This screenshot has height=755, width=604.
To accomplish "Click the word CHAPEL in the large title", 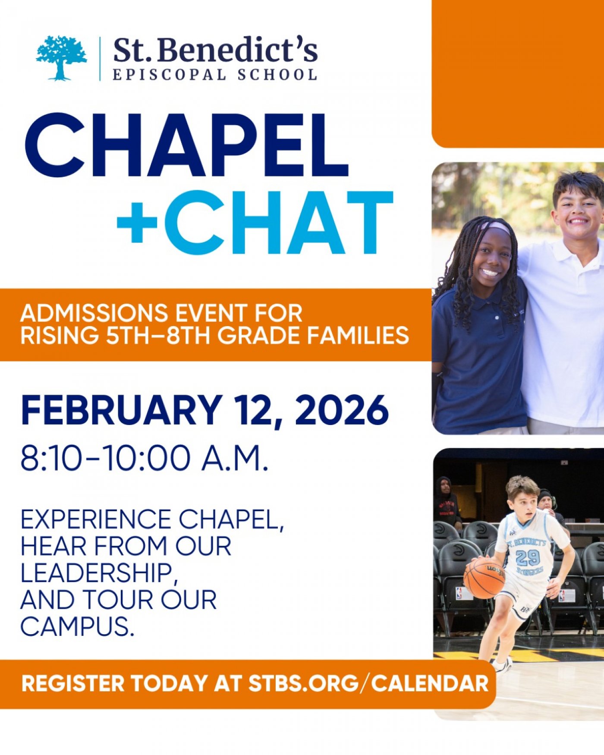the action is click(x=186, y=145).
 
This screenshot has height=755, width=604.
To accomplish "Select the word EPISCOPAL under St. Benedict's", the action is click(x=169, y=75).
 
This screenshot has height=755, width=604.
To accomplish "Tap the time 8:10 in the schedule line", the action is click(x=50, y=458).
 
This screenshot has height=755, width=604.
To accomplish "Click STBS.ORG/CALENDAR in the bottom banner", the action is click(x=368, y=684).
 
